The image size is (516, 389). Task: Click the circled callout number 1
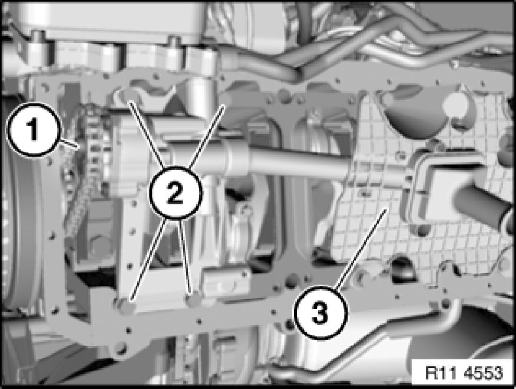[33, 129]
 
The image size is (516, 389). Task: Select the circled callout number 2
[175, 192]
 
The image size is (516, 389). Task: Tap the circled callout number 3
[320, 313]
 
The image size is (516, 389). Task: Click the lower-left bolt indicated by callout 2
[126, 306]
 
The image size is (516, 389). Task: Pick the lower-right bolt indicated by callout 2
[194, 300]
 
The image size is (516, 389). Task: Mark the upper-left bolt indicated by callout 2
[126, 96]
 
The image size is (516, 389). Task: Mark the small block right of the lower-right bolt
[226, 280]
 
